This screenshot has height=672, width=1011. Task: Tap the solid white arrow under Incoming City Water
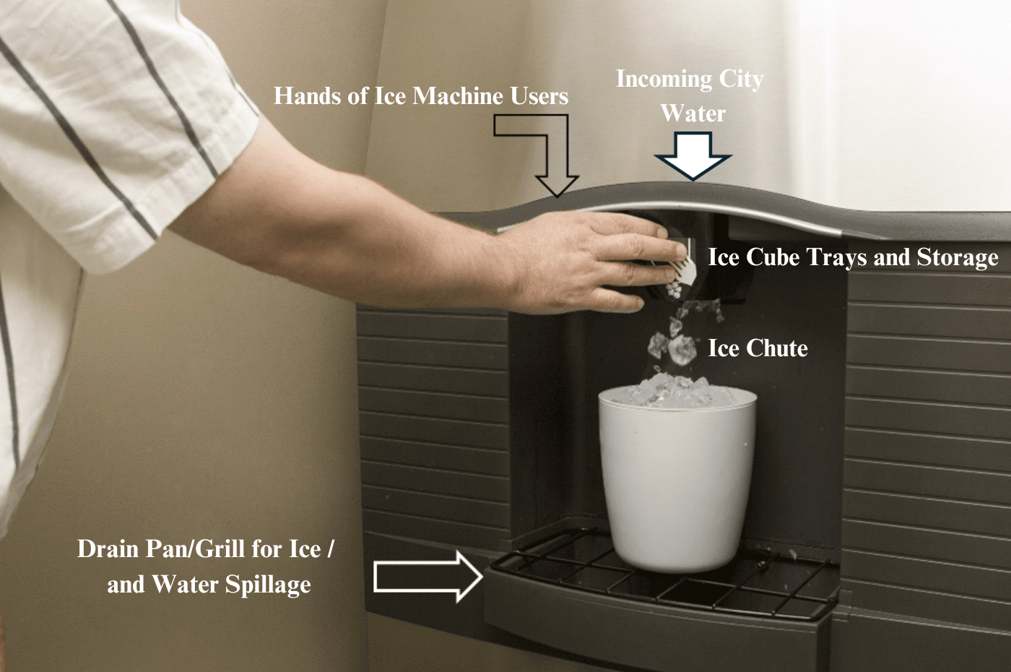[x=693, y=159]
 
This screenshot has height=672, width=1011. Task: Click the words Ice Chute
[x=758, y=348]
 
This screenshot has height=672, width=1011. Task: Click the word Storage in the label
[x=957, y=257]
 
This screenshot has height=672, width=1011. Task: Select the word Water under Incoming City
[x=693, y=113]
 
